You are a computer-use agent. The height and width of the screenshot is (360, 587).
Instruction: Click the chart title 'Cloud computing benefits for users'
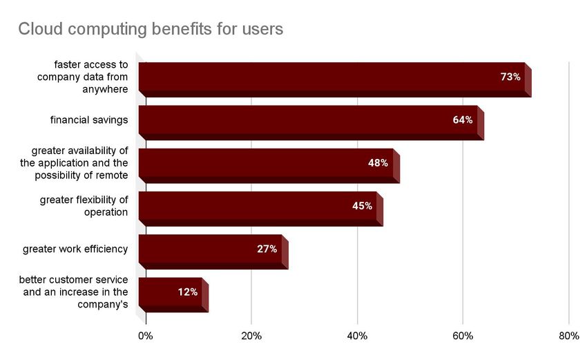(x=150, y=30)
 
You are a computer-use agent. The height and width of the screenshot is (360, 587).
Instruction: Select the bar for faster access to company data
(x=331, y=77)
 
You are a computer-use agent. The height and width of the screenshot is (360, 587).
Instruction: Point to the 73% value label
(x=510, y=77)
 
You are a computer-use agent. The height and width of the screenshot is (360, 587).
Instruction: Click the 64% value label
(x=463, y=120)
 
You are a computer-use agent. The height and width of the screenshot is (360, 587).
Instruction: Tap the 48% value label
(x=378, y=163)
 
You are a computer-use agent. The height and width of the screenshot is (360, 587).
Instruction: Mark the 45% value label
(x=362, y=206)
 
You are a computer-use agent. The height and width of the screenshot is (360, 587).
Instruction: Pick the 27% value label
(x=267, y=249)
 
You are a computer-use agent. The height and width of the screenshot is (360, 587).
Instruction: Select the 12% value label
(x=187, y=292)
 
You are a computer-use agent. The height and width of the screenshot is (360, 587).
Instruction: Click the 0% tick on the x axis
(x=145, y=337)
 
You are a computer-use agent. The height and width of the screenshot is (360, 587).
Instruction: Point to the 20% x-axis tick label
(x=251, y=337)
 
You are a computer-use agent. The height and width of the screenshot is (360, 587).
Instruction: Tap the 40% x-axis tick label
(x=357, y=337)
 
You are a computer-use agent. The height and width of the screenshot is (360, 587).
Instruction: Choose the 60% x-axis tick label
(x=463, y=337)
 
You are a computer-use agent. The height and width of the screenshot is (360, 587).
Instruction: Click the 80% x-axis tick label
(x=568, y=337)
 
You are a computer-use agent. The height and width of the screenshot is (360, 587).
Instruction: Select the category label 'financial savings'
(x=89, y=120)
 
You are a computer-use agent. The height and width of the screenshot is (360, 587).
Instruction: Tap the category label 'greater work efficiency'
(x=75, y=249)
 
